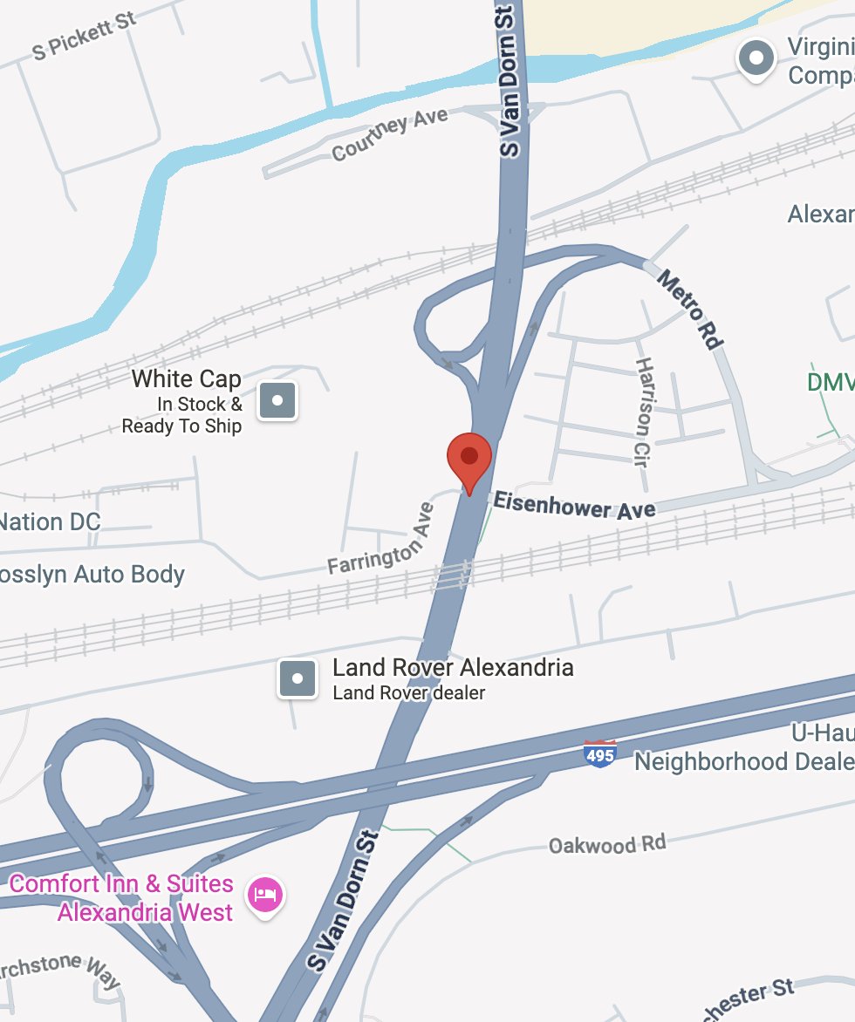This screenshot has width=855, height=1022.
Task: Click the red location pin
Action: click(469, 457)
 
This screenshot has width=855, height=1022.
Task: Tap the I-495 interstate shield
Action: click(600, 753)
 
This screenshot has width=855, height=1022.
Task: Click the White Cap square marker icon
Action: click(277, 402)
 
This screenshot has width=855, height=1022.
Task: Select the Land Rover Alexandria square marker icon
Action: click(297, 678)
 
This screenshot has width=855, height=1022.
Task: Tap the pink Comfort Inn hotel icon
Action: click(266, 895)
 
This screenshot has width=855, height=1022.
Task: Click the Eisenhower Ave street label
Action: click(574, 506)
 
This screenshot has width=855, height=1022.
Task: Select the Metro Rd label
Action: click(689, 310)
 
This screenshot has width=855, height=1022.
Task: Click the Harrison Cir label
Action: click(644, 412)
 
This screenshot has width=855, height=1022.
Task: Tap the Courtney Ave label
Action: click(390, 134)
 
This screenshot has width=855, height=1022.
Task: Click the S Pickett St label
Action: click(85, 37)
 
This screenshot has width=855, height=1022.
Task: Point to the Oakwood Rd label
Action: click(606, 844)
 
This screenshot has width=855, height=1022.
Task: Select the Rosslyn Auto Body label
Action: click(92, 575)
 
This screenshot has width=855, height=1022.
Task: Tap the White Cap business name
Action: click(186, 379)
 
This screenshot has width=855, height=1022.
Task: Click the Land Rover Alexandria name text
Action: click(453, 668)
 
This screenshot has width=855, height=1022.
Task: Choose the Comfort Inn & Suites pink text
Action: click(122, 898)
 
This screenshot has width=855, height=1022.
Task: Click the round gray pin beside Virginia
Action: click(756, 59)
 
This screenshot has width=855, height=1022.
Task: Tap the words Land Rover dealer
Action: click(408, 693)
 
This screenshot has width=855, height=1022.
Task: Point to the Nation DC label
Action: click(50, 522)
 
